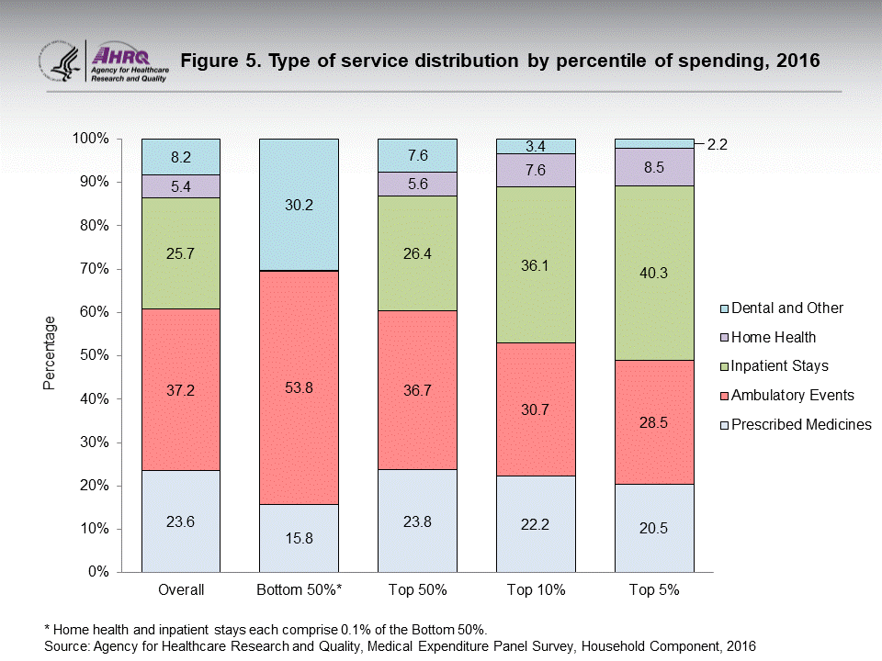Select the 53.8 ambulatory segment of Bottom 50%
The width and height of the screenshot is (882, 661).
tap(300, 387)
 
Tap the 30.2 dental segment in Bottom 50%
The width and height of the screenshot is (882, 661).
tap(300, 205)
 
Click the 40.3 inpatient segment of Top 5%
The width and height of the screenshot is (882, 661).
tap(654, 272)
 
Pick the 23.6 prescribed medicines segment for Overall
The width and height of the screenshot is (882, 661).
tap(181, 521)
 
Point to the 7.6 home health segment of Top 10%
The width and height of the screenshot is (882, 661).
tap(536, 170)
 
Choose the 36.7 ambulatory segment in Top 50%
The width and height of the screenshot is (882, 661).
tap(417, 389)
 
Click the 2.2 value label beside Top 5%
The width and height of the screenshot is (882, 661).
tap(717, 144)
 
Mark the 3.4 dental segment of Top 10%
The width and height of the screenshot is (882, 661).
tap(536, 146)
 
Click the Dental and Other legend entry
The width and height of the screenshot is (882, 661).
tap(781, 308)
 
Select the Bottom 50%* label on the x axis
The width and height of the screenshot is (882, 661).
tap(300, 589)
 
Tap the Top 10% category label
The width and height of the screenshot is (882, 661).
tap(536, 589)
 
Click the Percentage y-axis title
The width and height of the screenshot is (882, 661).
tap(50, 353)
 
